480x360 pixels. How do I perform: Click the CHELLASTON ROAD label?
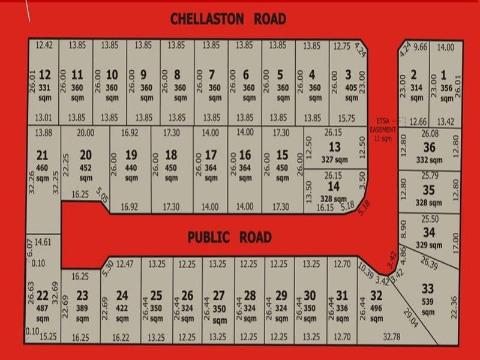click(228, 19)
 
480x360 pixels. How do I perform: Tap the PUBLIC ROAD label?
click(229, 237)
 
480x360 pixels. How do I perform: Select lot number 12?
click(45, 75)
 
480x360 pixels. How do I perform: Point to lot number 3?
click(349, 75)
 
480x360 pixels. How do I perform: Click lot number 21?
click(42, 156)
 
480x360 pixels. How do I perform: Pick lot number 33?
click(427, 289)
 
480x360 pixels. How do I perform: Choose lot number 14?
click(334, 187)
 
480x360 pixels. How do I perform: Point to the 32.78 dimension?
click(392, 337)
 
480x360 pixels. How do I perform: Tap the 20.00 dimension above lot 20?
click(86, 133)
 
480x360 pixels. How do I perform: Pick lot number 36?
click(429, 147)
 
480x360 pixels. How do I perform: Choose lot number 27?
click(219, 295)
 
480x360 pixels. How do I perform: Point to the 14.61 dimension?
click(43, 242)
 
